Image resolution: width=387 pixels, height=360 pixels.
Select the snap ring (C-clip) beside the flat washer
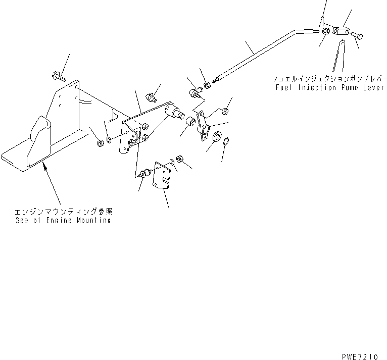pos(226,141)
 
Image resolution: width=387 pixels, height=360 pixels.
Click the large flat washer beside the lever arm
pos(217,137)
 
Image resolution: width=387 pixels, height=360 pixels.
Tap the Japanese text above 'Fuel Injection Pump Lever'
pos(329,79)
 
